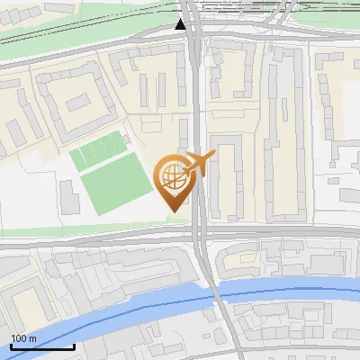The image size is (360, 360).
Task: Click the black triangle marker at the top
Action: coord(181,23)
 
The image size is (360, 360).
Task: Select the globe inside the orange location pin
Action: coord(171,175)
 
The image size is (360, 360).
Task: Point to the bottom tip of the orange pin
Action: coord(172,211)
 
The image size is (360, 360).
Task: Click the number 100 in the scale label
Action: coord(19,338)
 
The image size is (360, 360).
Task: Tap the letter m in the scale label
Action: coord(32,338)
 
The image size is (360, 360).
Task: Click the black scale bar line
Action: coord(40,346)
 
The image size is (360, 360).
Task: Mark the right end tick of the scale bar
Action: coord(73,344)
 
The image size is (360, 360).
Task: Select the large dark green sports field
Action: coord(116,184)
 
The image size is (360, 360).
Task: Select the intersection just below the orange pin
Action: coord(201,233)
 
